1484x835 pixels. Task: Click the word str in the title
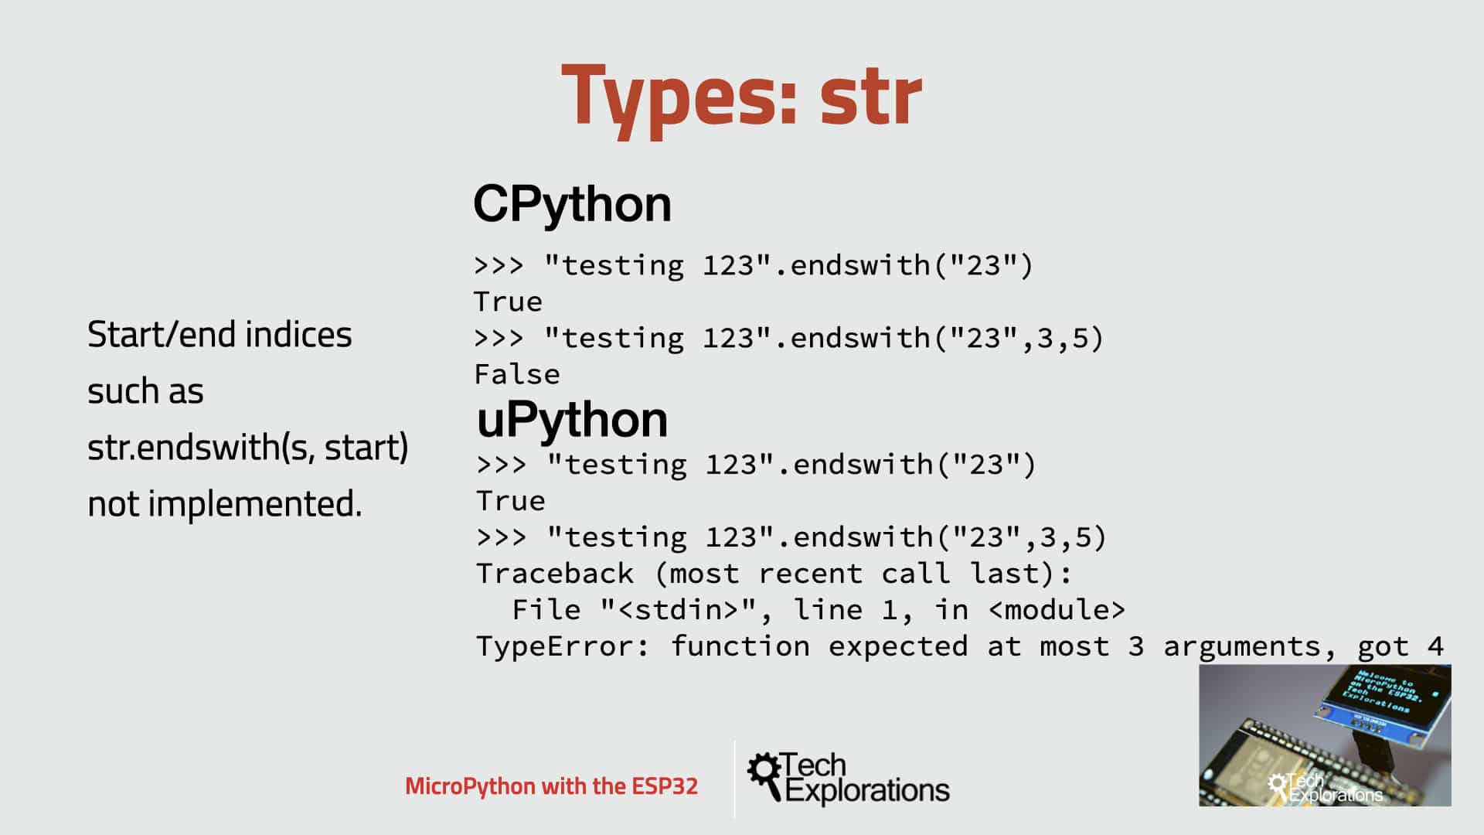(x=870, y=97)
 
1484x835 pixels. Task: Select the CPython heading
(x=572, y=204)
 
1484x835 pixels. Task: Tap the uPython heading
(x=572, y=419)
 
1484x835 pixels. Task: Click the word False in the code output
(x=517, y=375)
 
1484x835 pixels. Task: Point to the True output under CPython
(x=508, y=302)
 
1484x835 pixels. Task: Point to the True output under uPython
(x=510, y=501)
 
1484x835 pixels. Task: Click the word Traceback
(x=554, y=574)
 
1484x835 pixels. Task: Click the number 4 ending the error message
(x=1435, y=646)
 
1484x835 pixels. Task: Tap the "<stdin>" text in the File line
(x=679, y=610)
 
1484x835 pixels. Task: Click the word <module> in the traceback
(x=1057, y=610)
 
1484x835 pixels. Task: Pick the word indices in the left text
(x=298, y=335)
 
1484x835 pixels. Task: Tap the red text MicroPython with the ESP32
(x=551, y=786)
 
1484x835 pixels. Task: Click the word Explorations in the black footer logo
(x=867, y=791)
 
